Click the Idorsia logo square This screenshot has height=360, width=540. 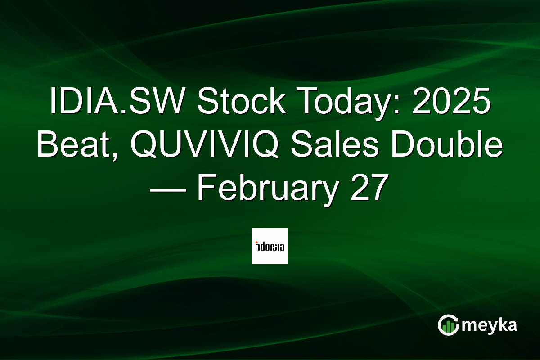pyautogui.click(x=270, y=246)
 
